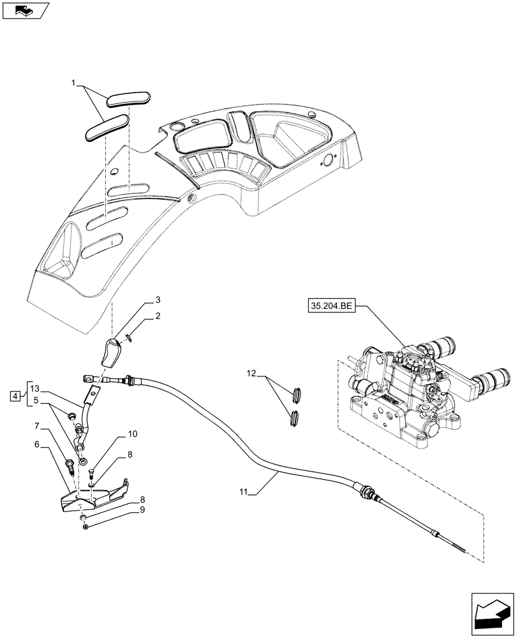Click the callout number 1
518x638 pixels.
(x=74, y=83)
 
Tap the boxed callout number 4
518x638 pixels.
(x=14, y=397)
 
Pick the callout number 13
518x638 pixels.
(x=34, y=389)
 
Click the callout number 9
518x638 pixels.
(x=142, y=510)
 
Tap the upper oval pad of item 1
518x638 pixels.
(x=128, y=99)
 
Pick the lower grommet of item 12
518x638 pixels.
(x=294, y=419)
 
